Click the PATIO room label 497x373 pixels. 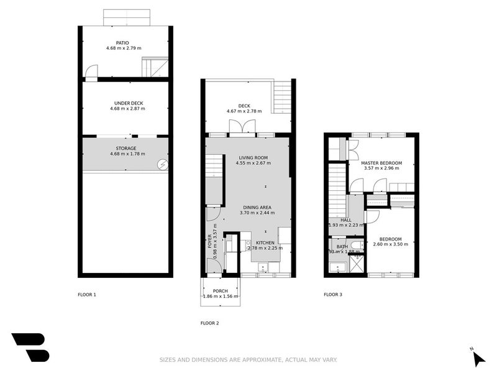click(130, 43)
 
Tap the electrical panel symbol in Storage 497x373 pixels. click(163, 164)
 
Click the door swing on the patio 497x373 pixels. click(91, 72)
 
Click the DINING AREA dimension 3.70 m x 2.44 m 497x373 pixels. click(257, 213)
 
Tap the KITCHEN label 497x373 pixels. click(265, 242)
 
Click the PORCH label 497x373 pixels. click(220, 291)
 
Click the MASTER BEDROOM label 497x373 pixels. click(381, 163)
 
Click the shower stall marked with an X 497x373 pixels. click(357, 264)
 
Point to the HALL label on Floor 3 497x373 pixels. click(346, 219)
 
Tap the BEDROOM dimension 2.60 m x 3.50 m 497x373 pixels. click(391, 244)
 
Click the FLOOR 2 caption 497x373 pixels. click(209, 323)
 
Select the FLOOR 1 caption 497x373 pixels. click(86, 295)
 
